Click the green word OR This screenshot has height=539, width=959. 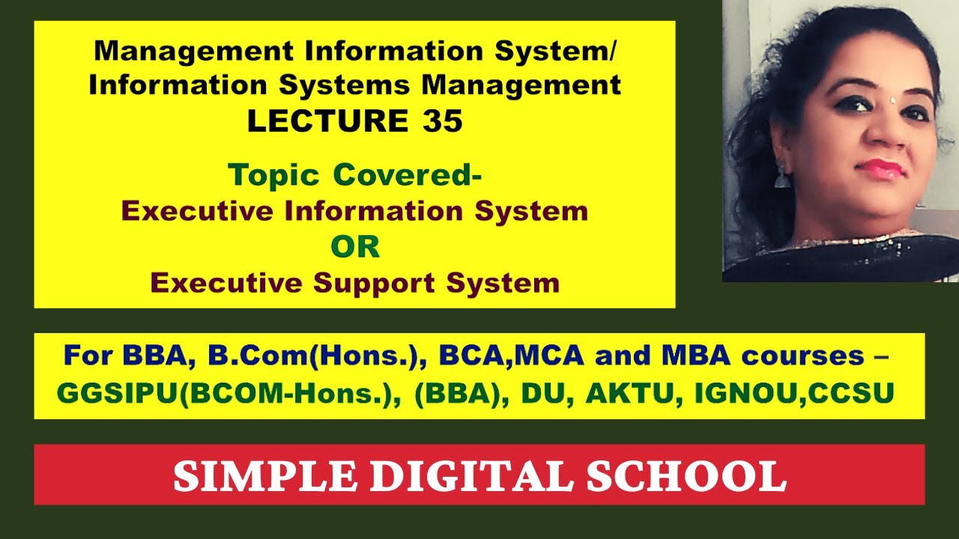pyautogui.click(x=355, y=247)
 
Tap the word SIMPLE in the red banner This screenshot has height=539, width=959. pyautogui.click(x=247, y=475)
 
